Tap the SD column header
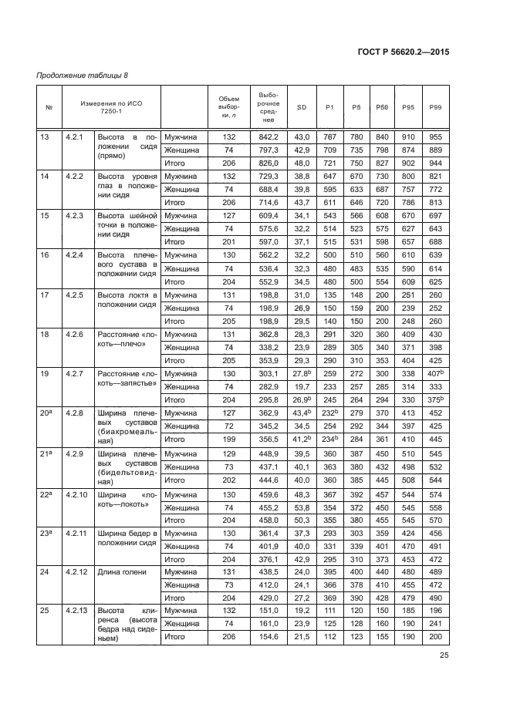pyautogui.click(x=302, y=106)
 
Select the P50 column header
pyautogui.click(x=380, y=106)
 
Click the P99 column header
pyautogui.click(x=435, y=106)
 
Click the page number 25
pyautogui.click(x=444, y=655)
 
